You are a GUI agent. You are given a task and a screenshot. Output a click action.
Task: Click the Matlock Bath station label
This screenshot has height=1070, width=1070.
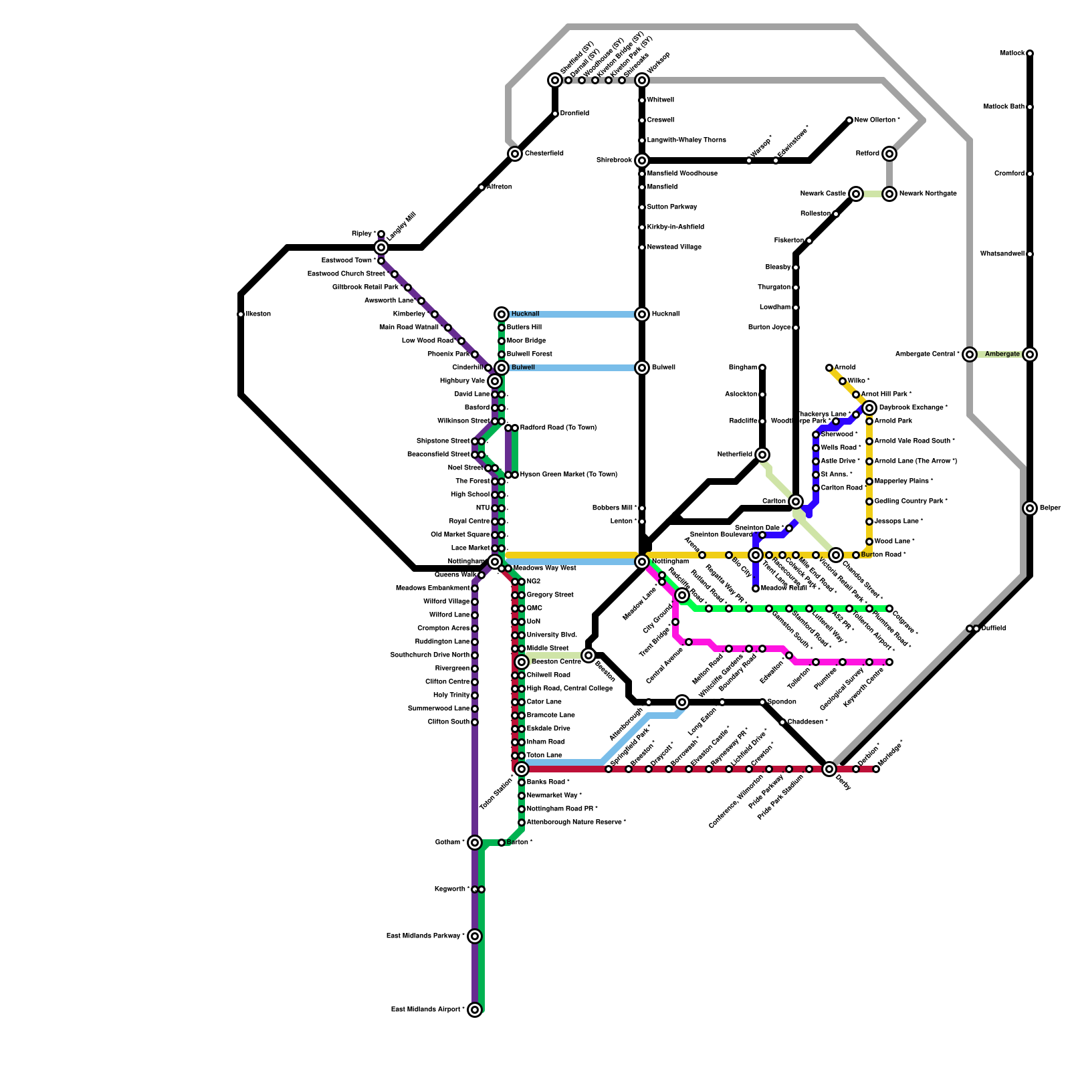1004,107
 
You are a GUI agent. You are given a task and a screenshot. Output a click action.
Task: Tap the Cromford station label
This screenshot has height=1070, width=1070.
1009,174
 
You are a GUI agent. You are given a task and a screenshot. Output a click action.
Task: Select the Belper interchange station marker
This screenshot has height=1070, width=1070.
1030,508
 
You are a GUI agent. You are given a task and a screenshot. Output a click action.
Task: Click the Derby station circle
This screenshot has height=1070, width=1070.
829,769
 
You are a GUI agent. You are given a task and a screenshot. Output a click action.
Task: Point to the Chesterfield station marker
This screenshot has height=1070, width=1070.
515,154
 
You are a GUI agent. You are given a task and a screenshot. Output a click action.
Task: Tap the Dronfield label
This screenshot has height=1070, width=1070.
574,114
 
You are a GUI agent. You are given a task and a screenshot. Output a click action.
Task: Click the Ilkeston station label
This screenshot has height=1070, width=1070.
258,314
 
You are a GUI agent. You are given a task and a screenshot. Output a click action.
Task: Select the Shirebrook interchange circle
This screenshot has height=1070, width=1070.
642,160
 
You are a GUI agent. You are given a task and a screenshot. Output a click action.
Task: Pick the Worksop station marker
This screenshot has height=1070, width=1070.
642,80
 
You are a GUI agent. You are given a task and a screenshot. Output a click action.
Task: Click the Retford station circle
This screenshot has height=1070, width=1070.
889,154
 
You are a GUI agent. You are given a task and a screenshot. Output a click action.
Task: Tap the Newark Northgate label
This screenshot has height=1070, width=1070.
928,194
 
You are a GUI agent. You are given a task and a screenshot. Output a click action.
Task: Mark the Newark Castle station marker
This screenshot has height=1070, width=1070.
856,194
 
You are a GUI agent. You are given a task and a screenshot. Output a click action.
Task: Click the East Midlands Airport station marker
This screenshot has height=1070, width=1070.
475,1010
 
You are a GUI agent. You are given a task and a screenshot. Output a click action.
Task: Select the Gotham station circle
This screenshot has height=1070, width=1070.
475,843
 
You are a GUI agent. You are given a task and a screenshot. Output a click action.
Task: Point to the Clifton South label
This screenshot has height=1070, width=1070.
449,722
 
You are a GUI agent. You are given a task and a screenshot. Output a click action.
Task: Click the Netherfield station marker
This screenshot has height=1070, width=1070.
762,455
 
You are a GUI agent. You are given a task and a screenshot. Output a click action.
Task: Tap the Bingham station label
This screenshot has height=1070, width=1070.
742,368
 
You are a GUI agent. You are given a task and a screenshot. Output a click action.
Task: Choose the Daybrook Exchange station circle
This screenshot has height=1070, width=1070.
869,408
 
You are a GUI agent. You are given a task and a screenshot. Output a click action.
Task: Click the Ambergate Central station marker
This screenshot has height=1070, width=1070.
970,354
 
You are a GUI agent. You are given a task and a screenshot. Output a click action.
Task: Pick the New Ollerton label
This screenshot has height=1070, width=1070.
877,120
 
